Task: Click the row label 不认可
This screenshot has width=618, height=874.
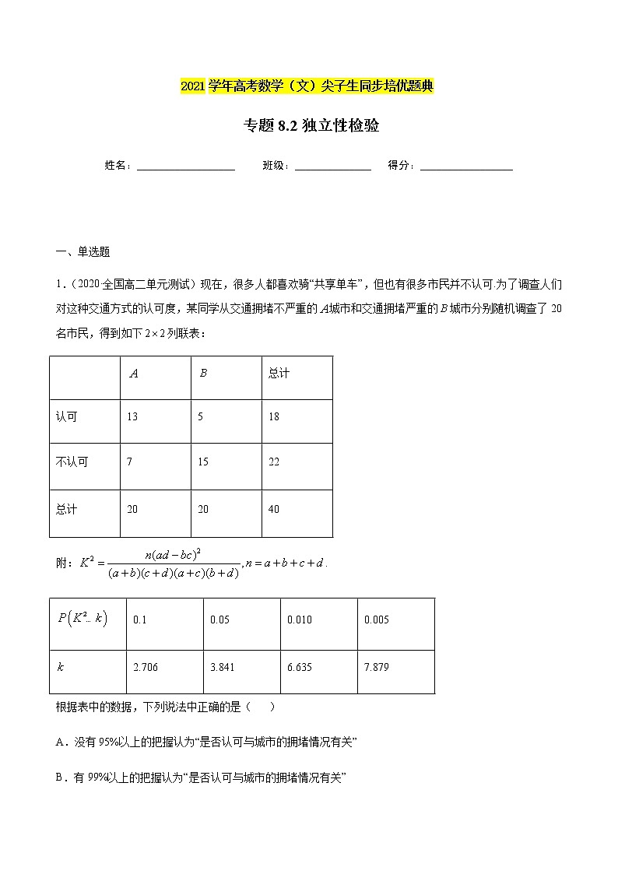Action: click(x=72, y=462)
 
